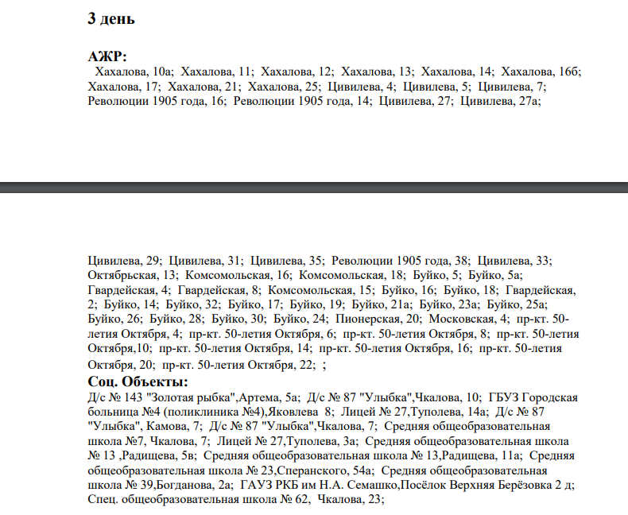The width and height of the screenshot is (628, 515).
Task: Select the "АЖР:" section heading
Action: point(107,56)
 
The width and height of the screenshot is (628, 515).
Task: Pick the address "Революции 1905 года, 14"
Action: point(303,101)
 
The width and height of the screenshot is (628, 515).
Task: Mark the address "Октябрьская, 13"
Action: point(126,274)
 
